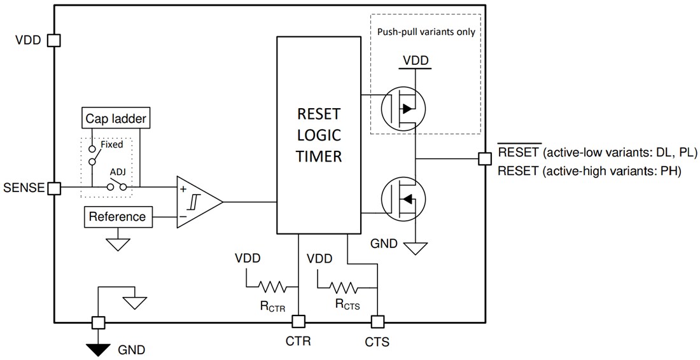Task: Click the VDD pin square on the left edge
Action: [x=54, y=41]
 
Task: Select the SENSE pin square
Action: [x=54, y=188]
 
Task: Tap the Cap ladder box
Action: [x=117, y=118]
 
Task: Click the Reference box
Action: [x=118, y=217]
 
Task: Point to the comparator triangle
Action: [x=198, y=202]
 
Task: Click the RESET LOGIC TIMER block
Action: [x=319, y=135]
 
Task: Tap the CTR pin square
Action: [x=298, y=321]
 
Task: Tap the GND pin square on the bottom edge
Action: [x=99, y=322]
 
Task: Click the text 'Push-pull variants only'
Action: [x=426, y=32]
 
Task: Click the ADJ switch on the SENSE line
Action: [x=115, y=187]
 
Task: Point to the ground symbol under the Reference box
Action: [x=118, y=242]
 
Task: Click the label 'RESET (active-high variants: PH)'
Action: [x=589, y=170]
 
